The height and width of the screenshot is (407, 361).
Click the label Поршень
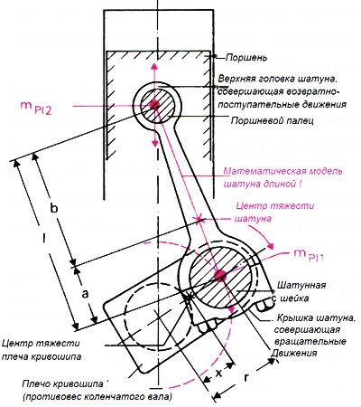point(246,58)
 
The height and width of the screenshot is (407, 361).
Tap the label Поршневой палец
point(273,121)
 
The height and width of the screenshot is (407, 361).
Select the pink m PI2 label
point(36,108)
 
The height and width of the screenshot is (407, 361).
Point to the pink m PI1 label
point(308,255)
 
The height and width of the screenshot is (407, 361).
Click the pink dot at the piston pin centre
point(154,104)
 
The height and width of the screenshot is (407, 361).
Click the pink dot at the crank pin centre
point(220,275)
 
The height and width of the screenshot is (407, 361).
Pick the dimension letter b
point(53,208)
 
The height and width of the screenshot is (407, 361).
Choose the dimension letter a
point(86,293)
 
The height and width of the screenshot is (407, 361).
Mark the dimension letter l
point(44,238)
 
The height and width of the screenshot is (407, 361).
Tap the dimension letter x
point(219,374)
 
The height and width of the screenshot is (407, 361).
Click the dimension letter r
point(246,377)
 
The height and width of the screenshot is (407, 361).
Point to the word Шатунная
point(301,285)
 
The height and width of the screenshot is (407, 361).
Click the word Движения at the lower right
point(294,353)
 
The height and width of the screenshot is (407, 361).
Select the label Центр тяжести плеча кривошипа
point(42,350)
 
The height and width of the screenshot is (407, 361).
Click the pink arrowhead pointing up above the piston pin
point(154,66)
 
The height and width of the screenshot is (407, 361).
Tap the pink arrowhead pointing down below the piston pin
point(154,143)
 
